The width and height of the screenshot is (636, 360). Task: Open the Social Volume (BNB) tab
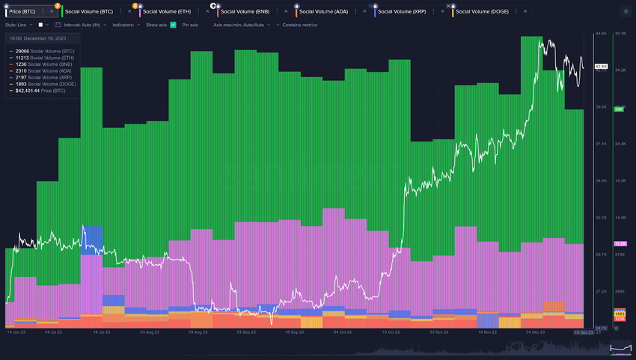tap(251, 12)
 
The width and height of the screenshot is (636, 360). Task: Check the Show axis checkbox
tap(173, 25)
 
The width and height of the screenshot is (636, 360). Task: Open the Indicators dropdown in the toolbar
tap(126, 25)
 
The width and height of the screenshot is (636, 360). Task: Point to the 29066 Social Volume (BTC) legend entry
tap(45, 51)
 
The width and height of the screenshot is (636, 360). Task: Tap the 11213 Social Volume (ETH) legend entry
tap(45, 58)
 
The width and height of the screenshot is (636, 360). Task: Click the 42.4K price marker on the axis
tap(600, 67)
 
